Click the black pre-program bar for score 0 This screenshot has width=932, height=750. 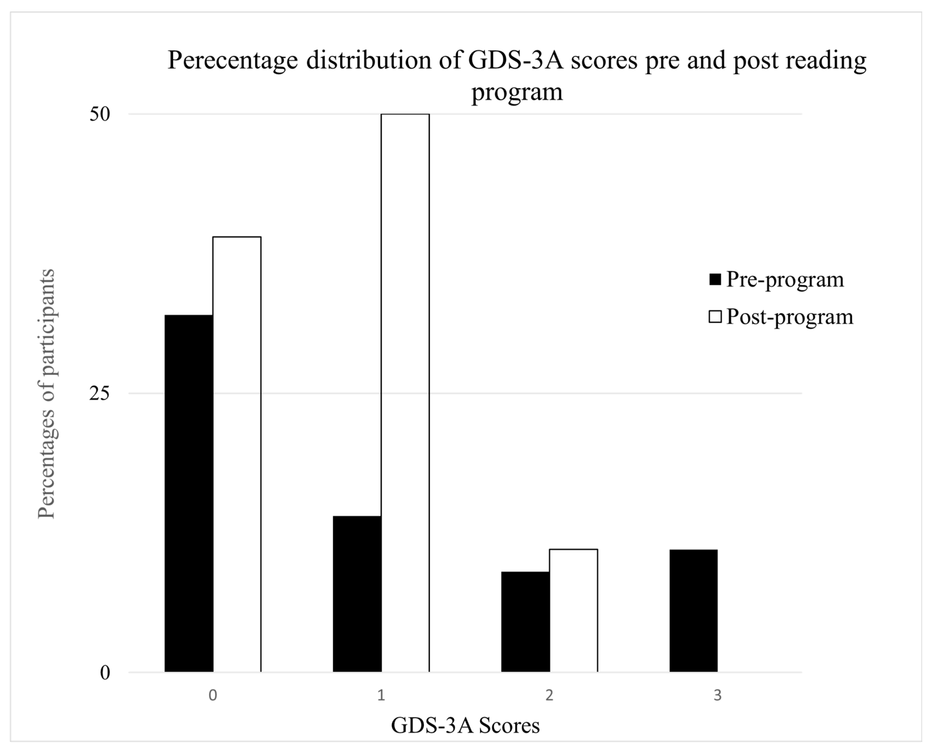click(189, 493)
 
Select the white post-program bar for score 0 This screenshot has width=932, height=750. click(237, 454)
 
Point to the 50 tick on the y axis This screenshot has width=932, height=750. click(100, 115)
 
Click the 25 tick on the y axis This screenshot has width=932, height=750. click(100, 394)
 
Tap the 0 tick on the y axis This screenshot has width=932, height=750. click(105, 673)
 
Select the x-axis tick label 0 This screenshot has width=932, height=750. click(213, 695)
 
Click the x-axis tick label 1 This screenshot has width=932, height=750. click(381, 695)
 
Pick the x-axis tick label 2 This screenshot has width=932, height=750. click(549, 695)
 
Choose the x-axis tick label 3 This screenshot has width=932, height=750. click(718, 695)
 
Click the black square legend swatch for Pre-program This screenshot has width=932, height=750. click(715, 280)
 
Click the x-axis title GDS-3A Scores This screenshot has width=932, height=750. click(465, 725)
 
